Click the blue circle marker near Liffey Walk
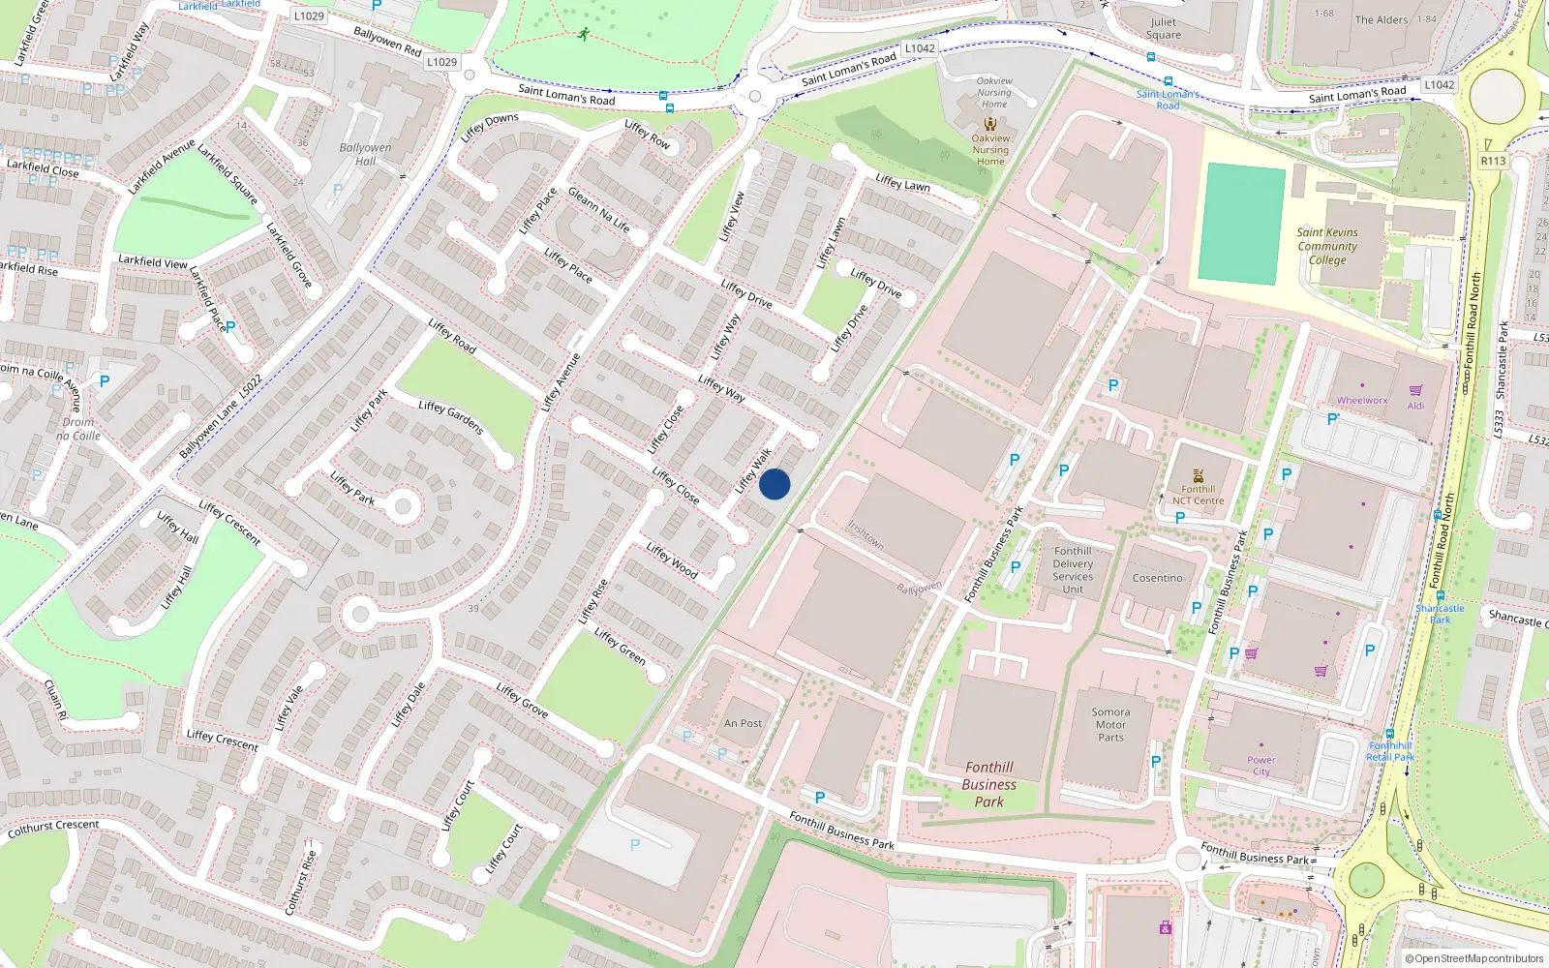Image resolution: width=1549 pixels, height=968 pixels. click(774, 484)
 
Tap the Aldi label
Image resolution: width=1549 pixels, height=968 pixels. click(1415, 406)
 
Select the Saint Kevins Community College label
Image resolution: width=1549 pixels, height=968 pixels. click(1327, 246)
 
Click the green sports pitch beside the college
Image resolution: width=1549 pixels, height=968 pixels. click(1242, 224)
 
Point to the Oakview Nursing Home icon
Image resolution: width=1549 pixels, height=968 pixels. click(989, 124)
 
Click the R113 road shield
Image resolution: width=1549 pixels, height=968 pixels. click(1493, 161)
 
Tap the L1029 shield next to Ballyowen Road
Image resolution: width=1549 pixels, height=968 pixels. click(441, 62)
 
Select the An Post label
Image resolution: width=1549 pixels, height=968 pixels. click(743, 723)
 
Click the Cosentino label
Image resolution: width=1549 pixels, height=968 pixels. click(1158, 578)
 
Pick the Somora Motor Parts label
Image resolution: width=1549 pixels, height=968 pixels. click(1110, 724)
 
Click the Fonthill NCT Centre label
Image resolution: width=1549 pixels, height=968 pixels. click(1199, 495)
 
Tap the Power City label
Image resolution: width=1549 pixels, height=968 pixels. click(1261, 766)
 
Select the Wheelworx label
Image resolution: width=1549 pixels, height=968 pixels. click(1362, 400)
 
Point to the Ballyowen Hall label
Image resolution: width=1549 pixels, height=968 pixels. click(365, 154)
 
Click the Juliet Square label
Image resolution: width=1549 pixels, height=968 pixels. click(1164, 28)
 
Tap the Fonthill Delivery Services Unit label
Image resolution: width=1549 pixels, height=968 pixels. click(1073, 570)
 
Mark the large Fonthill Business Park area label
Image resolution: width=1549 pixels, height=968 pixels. click(988, 784)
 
